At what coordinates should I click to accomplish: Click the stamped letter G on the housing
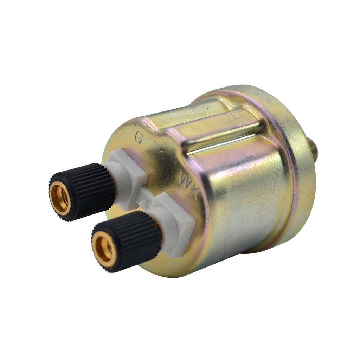(139, 137)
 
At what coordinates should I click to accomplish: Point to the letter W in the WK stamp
(185, 179)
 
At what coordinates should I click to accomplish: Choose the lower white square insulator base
(176, 221)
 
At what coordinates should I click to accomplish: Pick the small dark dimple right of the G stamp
(161, 150)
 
